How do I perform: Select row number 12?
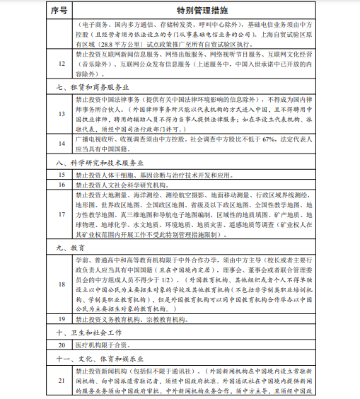[x=62, y=63]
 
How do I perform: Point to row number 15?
[x=62, y=174]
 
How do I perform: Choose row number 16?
[x=62, y=184]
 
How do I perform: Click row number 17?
[x=62, y=214]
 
